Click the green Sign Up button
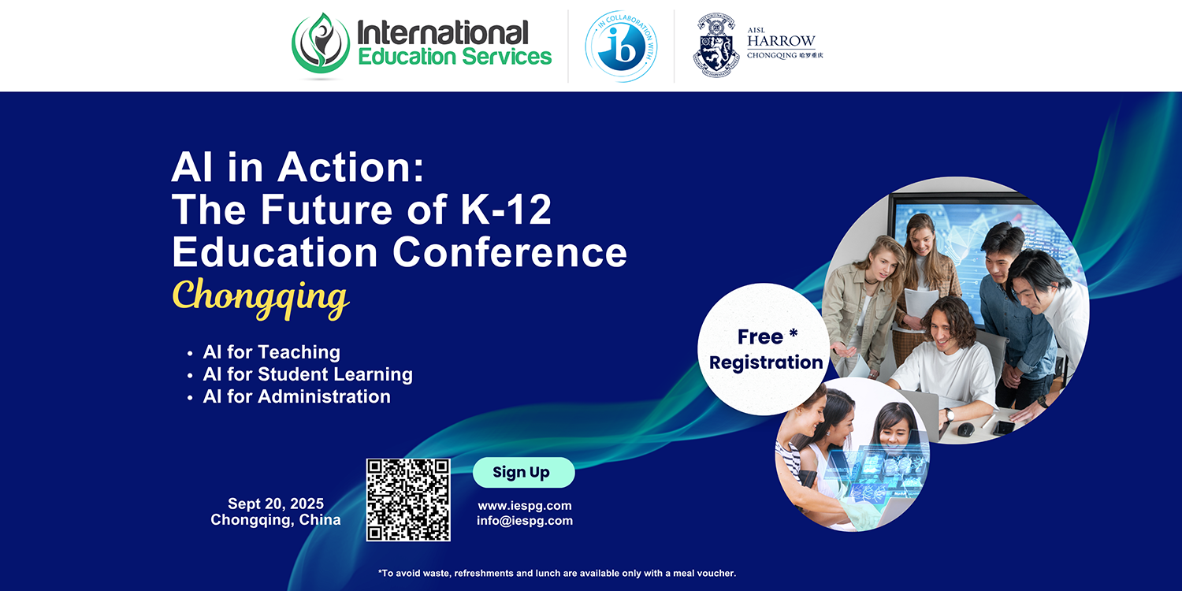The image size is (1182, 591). point(523,472)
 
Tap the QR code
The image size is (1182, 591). point(408,500)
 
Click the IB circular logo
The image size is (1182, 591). point(621,46)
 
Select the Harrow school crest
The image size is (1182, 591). point(716,46)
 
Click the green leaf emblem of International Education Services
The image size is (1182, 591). point(321,44)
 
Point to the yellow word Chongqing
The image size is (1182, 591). point(261,297)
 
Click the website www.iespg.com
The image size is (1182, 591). point(525,506)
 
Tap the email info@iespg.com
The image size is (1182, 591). point(525,521)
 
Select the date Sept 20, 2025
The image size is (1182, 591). point(276,504)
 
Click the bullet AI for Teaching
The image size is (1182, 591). point(271,352)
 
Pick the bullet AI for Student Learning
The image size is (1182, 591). point(307,374)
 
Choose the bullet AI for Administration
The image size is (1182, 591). point(296,396)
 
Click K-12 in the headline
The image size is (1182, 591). point(506,210)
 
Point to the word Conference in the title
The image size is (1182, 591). point(510,252)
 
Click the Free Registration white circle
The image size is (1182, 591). point(764,349)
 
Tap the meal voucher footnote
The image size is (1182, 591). point(556,573)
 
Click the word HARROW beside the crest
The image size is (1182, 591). point(781,41)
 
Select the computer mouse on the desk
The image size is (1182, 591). point(965,429)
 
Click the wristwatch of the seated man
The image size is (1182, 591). point(950,414)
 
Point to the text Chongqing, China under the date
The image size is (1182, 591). point(276,520)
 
